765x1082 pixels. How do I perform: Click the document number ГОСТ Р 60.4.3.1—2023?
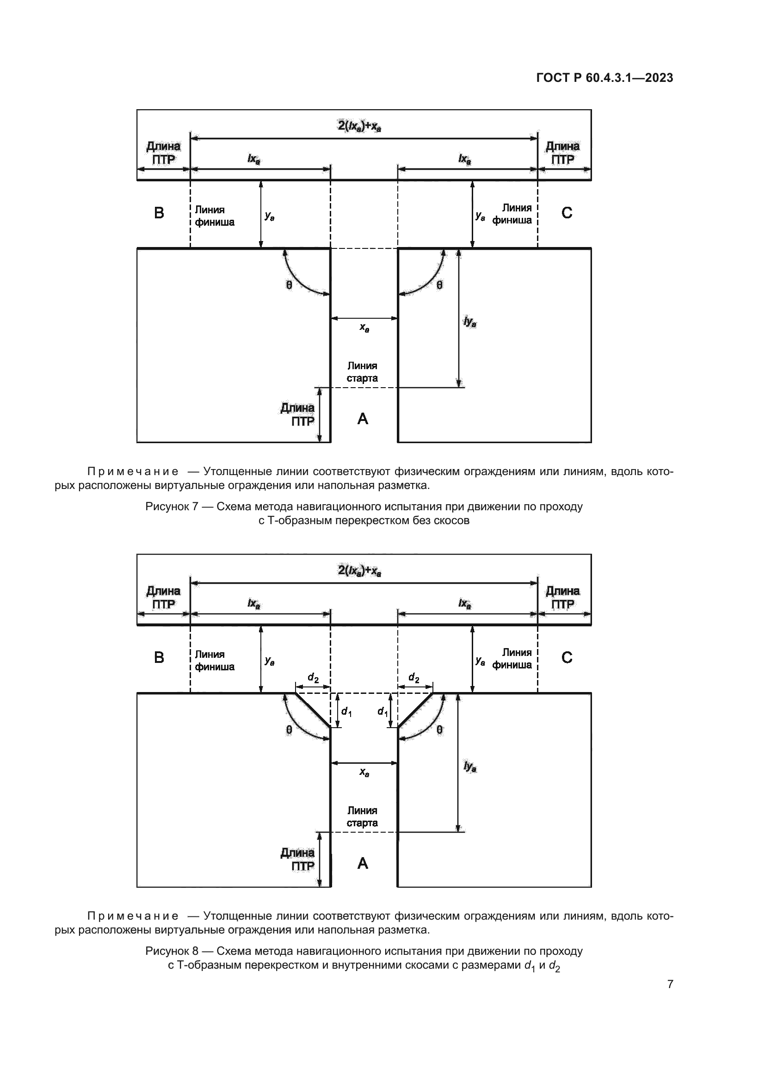605,78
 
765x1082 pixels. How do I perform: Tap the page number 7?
670,983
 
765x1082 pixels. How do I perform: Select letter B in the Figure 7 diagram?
159,213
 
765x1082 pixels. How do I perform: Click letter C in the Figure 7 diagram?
567,213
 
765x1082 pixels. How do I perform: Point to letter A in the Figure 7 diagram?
363,419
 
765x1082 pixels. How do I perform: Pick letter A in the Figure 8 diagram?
363,863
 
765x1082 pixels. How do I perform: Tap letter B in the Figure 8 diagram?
159,657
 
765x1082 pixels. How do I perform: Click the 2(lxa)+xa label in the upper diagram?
359,126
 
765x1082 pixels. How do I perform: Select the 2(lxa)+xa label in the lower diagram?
359,571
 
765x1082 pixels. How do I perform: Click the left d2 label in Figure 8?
313,678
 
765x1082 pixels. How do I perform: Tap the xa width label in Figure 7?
364,327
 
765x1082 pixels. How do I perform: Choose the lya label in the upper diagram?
469,322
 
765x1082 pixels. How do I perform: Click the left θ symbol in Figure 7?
289,284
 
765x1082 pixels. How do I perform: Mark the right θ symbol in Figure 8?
439,730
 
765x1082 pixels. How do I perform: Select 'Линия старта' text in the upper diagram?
362,372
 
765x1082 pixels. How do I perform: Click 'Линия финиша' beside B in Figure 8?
214,660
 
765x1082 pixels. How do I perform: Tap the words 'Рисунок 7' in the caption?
172,507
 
